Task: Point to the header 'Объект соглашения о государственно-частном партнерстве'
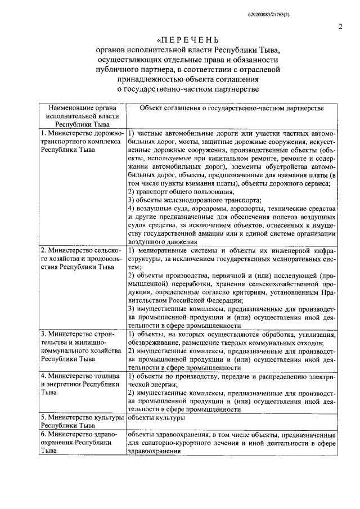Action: coord(231,107)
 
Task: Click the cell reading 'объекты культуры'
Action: coord(156,418)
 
